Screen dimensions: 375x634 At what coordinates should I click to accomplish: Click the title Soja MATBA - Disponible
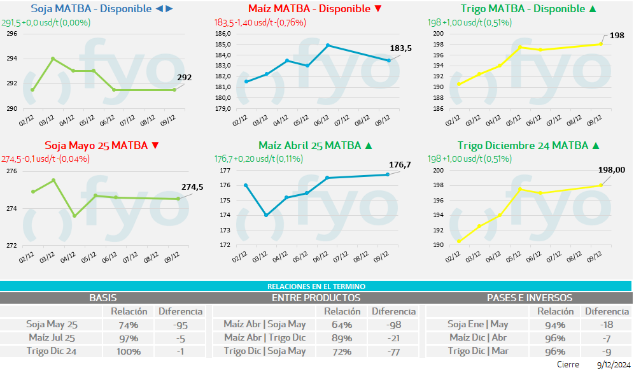point(91,9)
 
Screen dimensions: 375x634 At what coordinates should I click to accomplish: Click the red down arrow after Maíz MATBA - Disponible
point(378,9)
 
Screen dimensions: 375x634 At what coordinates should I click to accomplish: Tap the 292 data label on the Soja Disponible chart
point(185,78)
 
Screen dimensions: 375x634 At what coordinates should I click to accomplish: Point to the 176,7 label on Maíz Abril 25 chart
point(400,165)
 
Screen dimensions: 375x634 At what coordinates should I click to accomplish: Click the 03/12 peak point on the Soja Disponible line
point(53,59)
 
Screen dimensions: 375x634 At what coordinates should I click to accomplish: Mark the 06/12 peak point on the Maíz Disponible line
point(328,45)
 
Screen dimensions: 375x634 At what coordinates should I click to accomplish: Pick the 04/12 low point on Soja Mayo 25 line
point(74,216)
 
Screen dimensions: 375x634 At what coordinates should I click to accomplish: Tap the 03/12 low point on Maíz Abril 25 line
point(265,215)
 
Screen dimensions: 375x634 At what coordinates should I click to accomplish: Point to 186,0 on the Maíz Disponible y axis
point(223,34)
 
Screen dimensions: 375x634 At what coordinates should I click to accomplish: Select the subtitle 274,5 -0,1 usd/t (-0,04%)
point(45,159)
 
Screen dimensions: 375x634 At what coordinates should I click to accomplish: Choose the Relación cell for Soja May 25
point(129,325)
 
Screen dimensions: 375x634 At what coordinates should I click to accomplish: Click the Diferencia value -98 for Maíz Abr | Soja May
point(393,325)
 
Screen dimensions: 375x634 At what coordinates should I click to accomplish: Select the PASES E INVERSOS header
point(529,297)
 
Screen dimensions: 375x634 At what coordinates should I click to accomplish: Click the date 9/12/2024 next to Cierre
point(613,365)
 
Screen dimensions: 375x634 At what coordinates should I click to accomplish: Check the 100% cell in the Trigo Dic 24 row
point(129,351)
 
